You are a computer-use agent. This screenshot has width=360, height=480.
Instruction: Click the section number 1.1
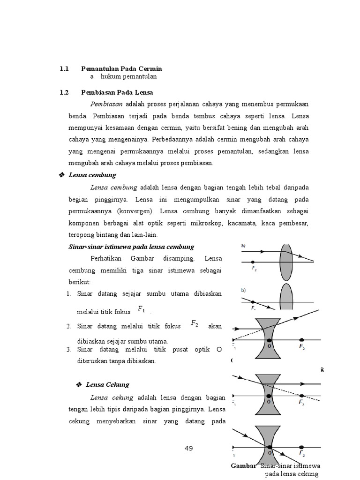click(x=64, y=69)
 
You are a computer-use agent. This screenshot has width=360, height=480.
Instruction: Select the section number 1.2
click(x=64, y=92)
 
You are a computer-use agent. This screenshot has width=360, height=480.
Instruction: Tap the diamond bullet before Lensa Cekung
click(x=79, y=385)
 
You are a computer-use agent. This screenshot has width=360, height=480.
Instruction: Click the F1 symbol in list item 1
click(x=142, y=309)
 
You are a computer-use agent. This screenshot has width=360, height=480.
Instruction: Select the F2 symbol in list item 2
click(x=195, y=323)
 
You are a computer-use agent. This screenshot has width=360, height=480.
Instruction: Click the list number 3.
click(x=68, y=350)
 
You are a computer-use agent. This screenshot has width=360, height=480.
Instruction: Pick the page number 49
click(x=189, y=448)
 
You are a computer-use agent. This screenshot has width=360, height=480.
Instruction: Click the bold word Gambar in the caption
click(x=244, y=466)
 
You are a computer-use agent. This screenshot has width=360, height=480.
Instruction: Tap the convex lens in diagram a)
click(x=287, y=261)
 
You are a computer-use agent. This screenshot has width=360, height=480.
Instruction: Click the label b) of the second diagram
click(x=244, y=290)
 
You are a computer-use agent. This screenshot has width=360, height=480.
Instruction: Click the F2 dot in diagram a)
click(x=253, y=262)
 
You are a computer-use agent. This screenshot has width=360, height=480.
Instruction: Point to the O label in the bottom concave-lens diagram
click(x=269, y=453)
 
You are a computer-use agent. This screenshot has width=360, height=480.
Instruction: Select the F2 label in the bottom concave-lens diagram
click(x=302, y=454)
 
